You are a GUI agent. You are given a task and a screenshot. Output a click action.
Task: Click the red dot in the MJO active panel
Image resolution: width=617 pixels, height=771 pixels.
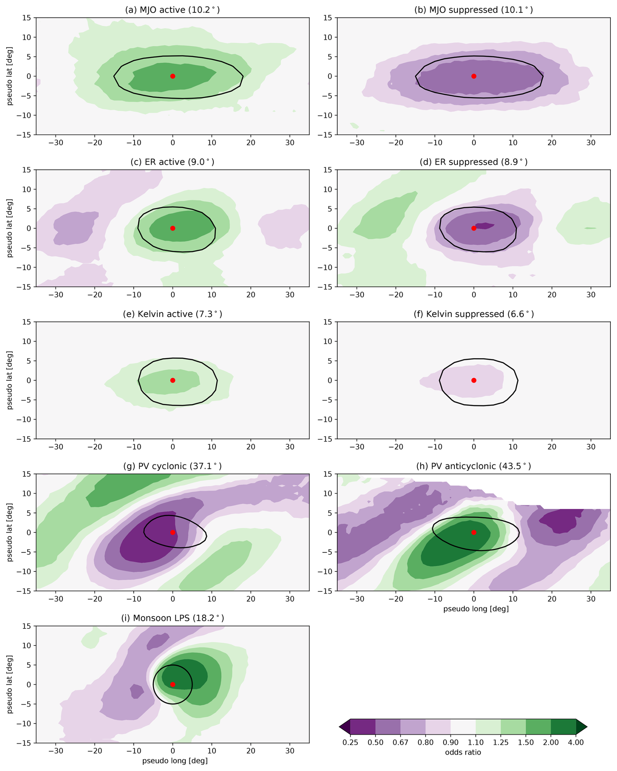point(173,76)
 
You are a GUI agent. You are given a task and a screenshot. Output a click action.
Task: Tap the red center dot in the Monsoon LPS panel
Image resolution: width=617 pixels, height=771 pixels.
point(173,685)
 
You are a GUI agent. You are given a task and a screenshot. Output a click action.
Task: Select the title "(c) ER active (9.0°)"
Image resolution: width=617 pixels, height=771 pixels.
point(172,162)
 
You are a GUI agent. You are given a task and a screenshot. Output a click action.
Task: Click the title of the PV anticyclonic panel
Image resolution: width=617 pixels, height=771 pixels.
point(473,466)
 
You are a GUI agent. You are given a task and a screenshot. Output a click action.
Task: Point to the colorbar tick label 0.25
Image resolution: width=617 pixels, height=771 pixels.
point(350,742)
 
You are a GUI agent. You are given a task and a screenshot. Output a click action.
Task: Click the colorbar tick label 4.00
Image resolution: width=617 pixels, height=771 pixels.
point(576,742)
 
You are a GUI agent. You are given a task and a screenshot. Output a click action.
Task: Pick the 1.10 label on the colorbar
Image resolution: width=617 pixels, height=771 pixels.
point(475,742)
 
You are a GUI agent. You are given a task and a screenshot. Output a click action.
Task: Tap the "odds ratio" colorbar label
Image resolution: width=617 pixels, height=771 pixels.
point(463,752)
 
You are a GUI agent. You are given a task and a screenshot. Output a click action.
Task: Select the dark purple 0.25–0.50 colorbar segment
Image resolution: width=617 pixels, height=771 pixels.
point(363,727)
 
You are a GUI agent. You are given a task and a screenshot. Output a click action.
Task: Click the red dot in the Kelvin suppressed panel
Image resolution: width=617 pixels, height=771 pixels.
point(474,380)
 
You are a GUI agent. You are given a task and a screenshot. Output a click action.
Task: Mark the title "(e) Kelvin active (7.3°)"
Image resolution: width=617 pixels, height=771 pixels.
point(172,314)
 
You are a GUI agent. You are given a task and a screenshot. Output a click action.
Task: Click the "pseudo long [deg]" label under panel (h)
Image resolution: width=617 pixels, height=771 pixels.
point(476,608)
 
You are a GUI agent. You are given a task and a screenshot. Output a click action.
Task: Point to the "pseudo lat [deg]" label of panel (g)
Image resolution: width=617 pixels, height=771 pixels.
point(10,532)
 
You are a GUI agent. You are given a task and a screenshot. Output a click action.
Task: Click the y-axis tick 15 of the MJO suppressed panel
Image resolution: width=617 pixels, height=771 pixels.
point(328,18)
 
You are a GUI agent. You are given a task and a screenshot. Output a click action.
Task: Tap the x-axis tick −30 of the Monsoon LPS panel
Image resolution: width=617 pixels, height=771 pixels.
point(55,751)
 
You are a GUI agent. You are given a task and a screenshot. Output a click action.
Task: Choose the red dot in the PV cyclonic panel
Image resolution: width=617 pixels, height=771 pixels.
point(173,532)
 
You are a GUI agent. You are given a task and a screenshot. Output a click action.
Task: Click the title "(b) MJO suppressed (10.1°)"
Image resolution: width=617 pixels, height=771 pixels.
point(473,10)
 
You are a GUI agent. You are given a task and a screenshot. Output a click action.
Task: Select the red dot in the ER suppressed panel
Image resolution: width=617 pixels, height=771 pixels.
point(474,228)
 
